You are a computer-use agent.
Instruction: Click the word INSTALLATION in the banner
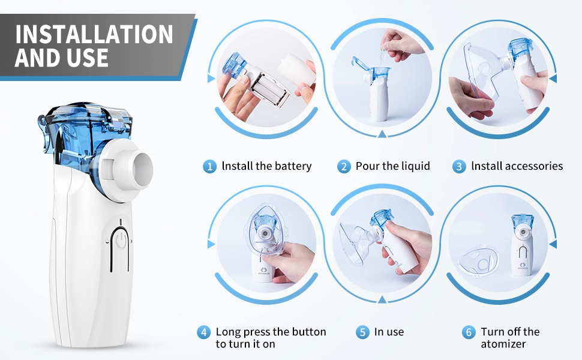click(94, 35)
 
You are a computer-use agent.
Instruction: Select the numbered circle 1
click(209, 166)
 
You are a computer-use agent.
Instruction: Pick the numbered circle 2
click(344, 166)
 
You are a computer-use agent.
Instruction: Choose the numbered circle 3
click(459, 166)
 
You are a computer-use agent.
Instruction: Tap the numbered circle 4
click(204, 332)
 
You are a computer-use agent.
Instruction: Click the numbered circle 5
click(362, 332)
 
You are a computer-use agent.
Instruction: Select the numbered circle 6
click(469, 332)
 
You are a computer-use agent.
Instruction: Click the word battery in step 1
click(292, 166)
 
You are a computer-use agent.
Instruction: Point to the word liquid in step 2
click(415, 166)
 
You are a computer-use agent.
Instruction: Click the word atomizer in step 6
click(503, 344)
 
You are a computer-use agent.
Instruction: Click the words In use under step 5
click(389, 331)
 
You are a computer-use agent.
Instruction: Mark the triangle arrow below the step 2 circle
click(382, 134)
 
